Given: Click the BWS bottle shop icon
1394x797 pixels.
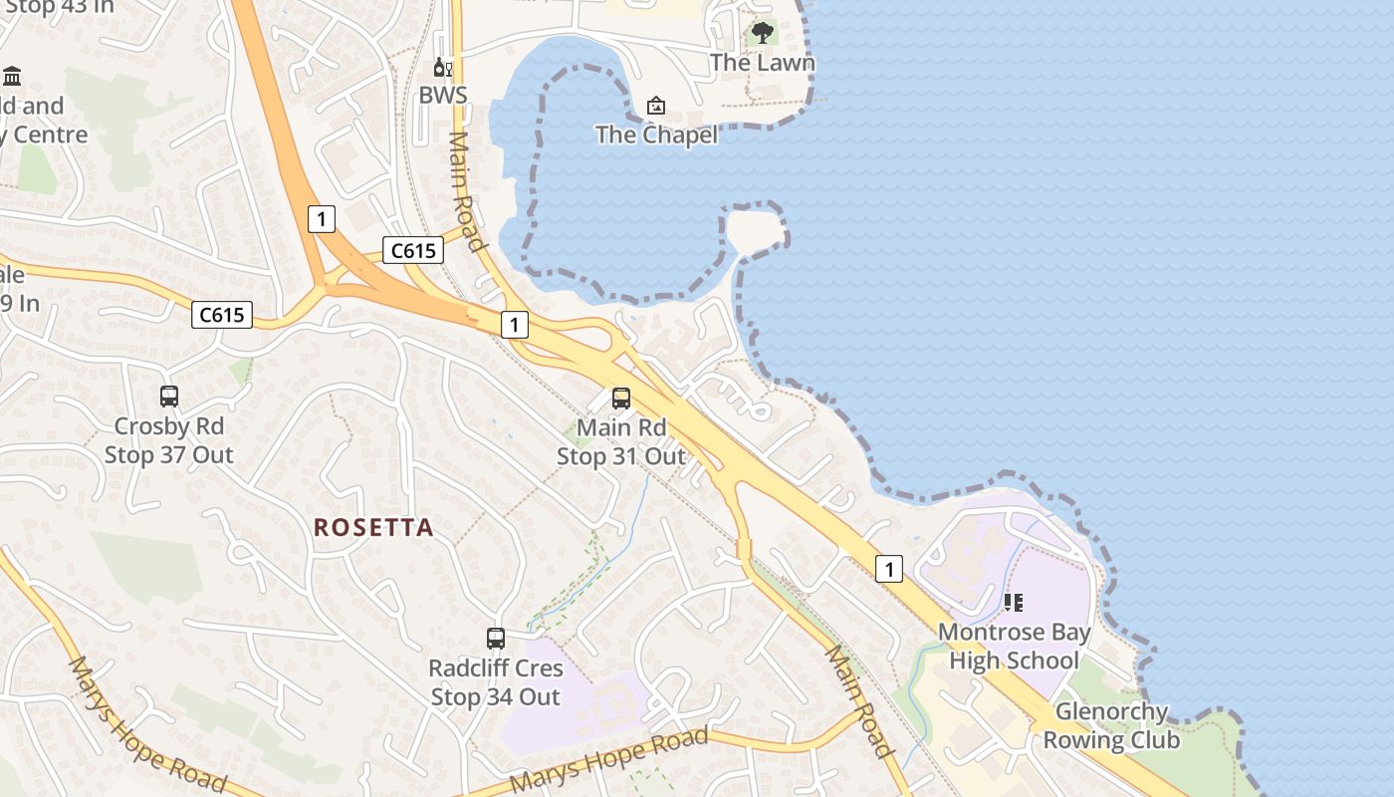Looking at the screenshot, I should (442, 68).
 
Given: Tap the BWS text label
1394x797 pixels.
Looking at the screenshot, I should (442, 96).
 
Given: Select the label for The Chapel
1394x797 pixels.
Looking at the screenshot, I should (656, 134).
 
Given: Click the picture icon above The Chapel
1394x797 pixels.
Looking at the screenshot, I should (656, 106).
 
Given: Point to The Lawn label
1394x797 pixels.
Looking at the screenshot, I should (763, 63).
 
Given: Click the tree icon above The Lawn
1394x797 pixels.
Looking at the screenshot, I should (763, 33).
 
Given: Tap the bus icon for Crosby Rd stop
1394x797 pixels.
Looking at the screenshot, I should (169, 397).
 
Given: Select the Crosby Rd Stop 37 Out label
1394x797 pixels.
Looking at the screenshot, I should (169, 440).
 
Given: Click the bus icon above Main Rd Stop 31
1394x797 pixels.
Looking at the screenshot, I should (621, 398).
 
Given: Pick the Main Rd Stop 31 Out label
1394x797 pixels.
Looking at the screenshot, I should (621, 442).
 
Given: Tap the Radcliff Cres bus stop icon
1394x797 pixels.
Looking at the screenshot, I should (496, 639).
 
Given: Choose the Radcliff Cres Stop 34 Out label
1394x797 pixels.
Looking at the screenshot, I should (496, 682).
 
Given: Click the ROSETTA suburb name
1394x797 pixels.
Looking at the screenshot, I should (374, 528).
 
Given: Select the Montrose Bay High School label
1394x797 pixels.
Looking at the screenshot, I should (1014, 647).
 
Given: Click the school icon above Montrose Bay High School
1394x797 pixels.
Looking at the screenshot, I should (1014, 603).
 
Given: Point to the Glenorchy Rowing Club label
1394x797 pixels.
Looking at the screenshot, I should (1111, 726).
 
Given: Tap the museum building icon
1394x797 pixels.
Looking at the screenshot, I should (12, 76).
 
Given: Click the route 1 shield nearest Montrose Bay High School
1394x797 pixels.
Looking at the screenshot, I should (888, 569).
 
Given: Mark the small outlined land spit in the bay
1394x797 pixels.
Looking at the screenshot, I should (755, 230).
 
